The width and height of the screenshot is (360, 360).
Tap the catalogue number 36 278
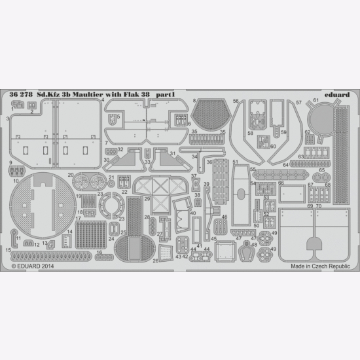(22, 95)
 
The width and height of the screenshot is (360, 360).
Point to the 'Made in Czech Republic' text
(316, 266)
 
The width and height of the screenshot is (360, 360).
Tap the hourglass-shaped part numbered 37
(196, 186)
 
